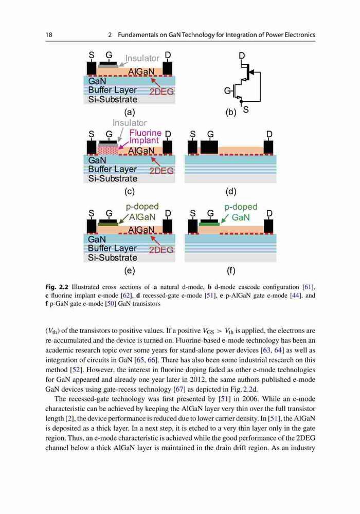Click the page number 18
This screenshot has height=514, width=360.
(49, 35)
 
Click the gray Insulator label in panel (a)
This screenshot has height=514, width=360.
(142, 58)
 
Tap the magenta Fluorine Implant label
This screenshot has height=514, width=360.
(145, 136)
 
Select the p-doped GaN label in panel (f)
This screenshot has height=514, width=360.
(241, 212)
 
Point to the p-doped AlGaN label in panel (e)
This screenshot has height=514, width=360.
(142, 212)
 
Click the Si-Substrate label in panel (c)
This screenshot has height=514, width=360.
(113, 179)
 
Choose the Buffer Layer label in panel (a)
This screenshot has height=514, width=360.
(113, 90)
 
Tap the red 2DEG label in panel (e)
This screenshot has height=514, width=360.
(161, 250)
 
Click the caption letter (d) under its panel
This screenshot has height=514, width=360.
(231, 191)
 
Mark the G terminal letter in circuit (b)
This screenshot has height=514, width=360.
(227, 90)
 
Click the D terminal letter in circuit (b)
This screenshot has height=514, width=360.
(242, 56)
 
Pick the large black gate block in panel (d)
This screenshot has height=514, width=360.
(209, 147)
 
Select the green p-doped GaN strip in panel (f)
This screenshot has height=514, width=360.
(209, 224)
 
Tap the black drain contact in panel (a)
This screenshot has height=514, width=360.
(168, 68)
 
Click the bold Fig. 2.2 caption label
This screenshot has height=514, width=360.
(57, 287)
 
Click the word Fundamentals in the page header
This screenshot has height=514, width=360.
(138, 35)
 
